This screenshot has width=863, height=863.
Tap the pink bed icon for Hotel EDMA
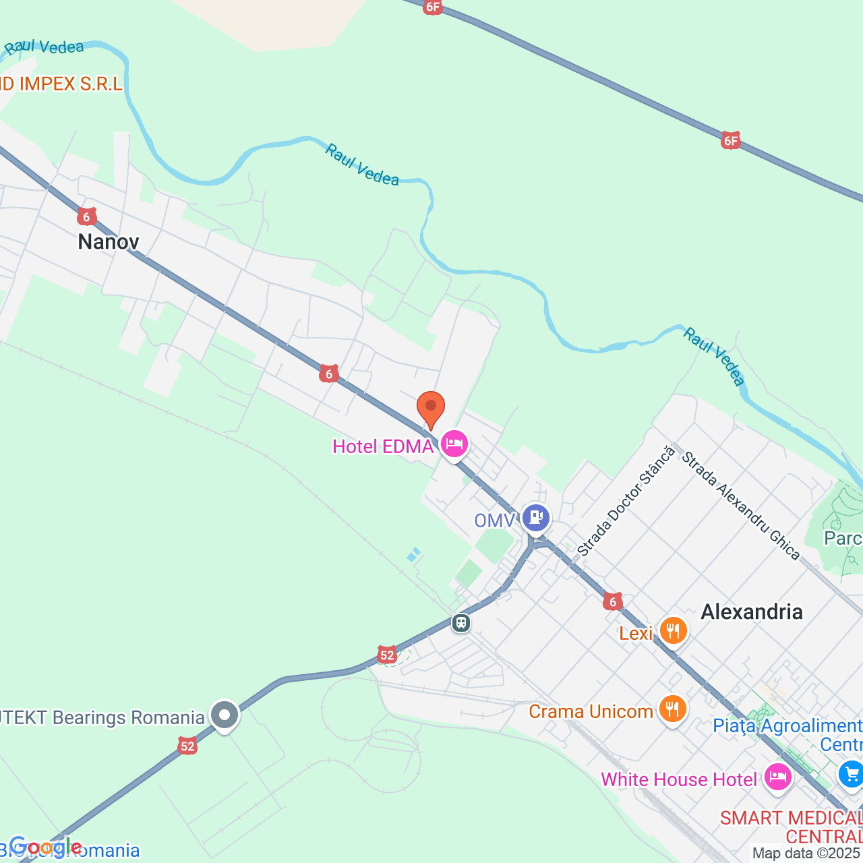point(455,444)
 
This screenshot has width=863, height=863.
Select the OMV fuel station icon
point(536,518)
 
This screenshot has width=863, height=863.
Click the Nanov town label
point(109,241)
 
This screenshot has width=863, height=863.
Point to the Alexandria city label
point(752,612)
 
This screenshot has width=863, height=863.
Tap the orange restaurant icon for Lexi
point(672,632)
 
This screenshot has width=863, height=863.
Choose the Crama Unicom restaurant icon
point(672,709)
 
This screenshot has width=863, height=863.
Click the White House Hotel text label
point(679,779)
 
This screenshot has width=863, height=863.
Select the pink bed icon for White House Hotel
point(777,777)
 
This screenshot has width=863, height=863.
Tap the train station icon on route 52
point(461,622)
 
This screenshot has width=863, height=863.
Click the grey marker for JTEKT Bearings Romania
point(225,715)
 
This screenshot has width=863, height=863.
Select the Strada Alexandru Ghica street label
point(740,506)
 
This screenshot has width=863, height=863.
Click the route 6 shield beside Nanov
point(86,216)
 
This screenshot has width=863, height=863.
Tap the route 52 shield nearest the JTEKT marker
point(187,746)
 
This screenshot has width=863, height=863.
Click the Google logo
point(45,846)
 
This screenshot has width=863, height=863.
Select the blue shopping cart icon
point(851,773)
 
